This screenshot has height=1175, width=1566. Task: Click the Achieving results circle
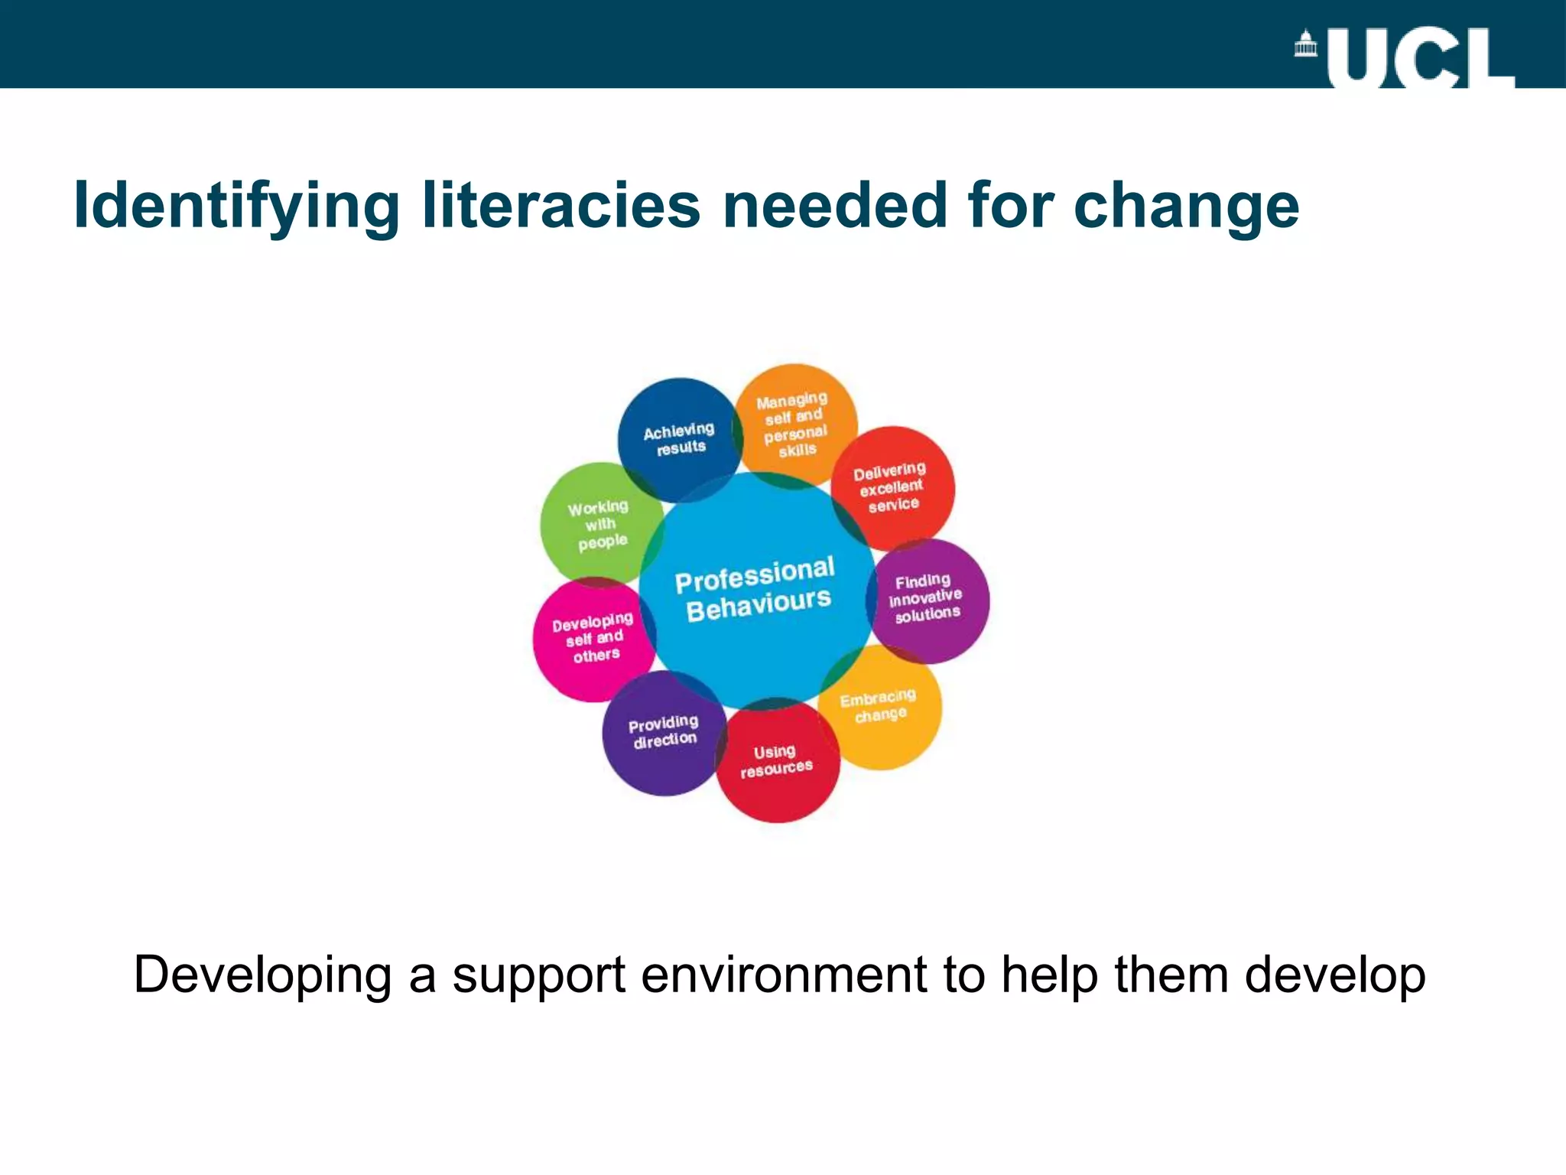click(678, 439)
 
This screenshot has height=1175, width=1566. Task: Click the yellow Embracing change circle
click(879, 707)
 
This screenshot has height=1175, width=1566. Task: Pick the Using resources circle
click(776, 761)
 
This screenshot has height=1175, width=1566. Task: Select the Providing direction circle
click(663, 732)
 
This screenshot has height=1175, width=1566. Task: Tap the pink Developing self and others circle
click(593, 638)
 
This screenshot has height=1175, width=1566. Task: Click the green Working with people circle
click(599, 524)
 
